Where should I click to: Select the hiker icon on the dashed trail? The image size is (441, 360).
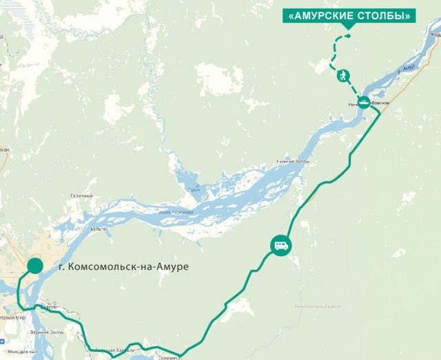pos(342,76)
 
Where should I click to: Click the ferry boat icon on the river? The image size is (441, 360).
pos(363,103)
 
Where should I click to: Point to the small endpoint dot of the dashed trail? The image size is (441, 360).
pos(348,36)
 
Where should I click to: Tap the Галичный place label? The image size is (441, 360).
pos(81,196)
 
